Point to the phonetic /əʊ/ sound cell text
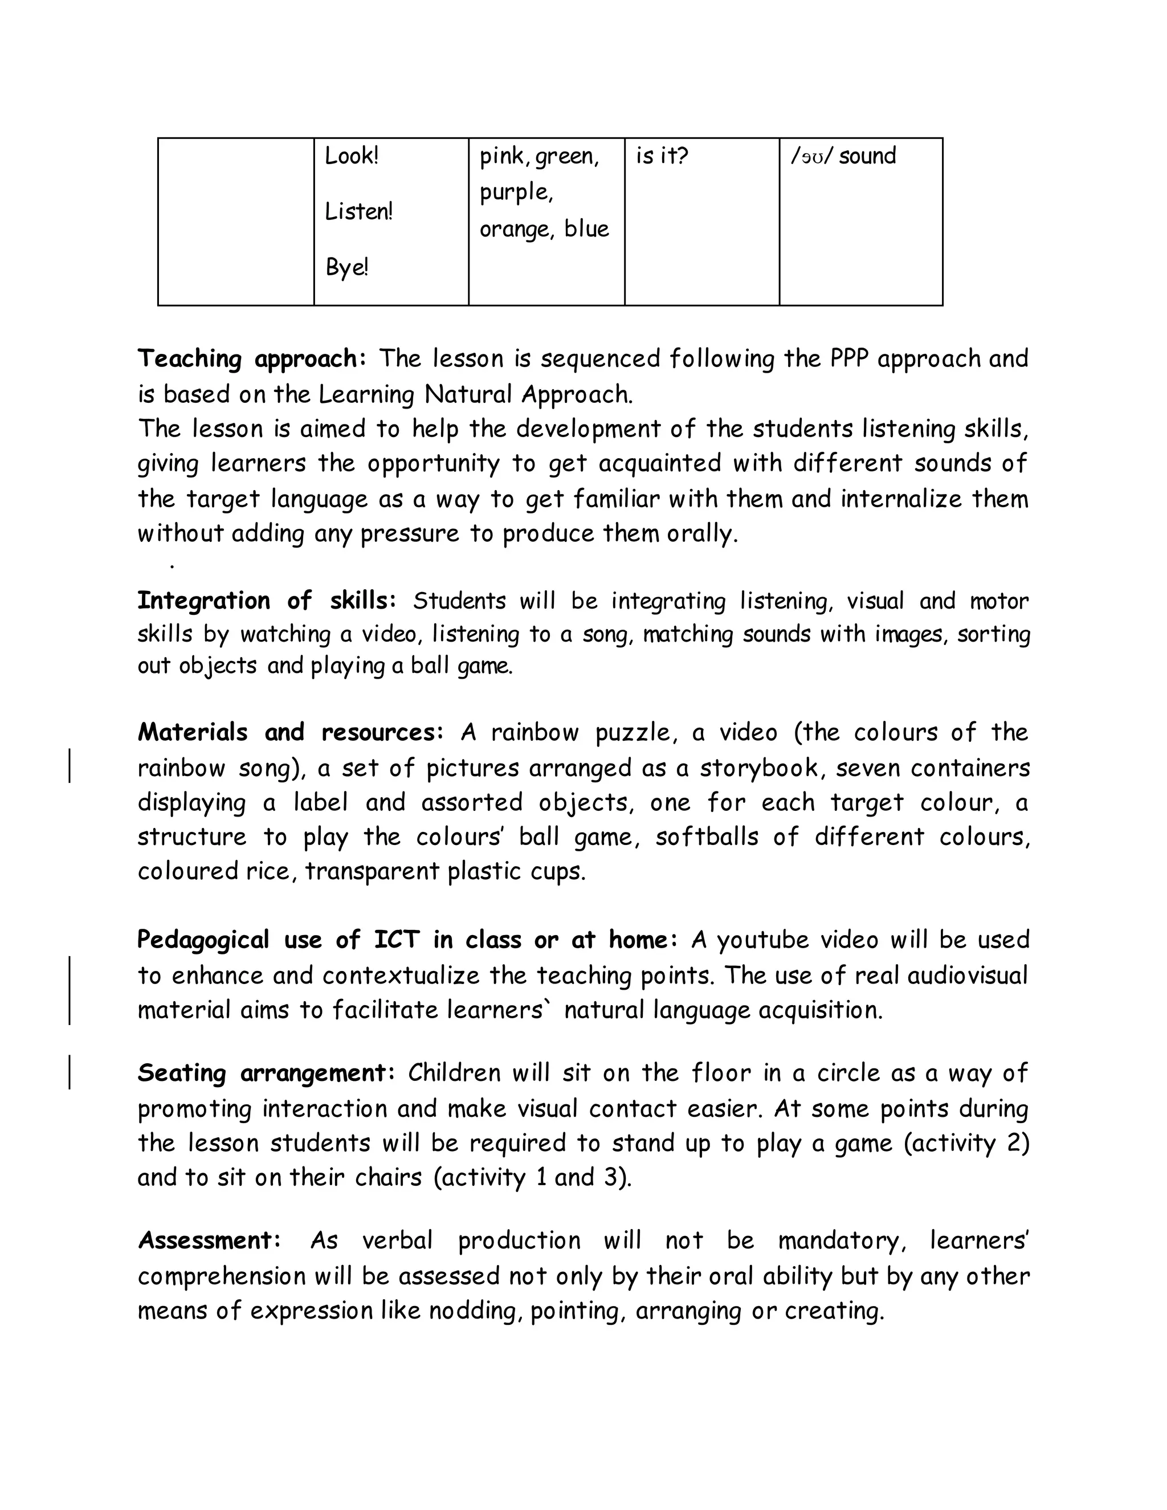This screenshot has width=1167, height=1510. [x=843, y=156]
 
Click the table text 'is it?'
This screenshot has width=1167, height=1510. [x=662, y=156]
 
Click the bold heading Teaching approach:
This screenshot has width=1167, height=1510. [x=252, y=359]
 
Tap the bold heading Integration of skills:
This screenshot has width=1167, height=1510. [x=267, y=601]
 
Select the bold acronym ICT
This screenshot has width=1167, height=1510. [x=396, y=940]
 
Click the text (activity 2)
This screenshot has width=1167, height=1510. [x=966, y=1143]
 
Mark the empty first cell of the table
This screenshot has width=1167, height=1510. [x=236, y=221]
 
